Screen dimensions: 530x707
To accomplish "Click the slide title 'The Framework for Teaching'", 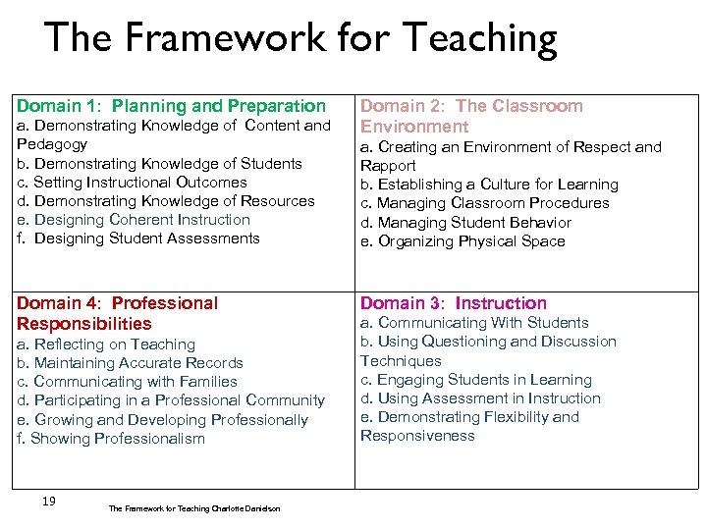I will (300, 39).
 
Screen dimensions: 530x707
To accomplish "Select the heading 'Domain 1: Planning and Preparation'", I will (171, 106).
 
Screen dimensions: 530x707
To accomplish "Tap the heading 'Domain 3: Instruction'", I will (454, 303).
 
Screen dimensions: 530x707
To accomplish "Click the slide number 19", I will (48, 502).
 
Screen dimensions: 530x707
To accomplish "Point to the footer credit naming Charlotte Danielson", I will (193, 508).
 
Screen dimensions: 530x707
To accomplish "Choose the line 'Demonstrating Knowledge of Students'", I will (159, 164).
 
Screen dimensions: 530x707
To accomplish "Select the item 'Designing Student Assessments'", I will (138, 238).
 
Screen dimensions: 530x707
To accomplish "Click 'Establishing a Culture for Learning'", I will (489, 185).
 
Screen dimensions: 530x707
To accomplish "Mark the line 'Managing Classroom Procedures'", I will (485, 203).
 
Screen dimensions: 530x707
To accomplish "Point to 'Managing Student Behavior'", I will (465, 223).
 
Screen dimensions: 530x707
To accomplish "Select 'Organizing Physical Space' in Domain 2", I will (462, 241).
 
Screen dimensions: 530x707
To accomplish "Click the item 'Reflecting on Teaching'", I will (106, 344).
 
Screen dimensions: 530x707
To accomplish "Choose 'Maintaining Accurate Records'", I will (130, 363).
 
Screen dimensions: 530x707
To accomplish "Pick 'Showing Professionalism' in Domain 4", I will (111, 439).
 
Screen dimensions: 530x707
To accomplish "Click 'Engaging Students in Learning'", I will (476, 380).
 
